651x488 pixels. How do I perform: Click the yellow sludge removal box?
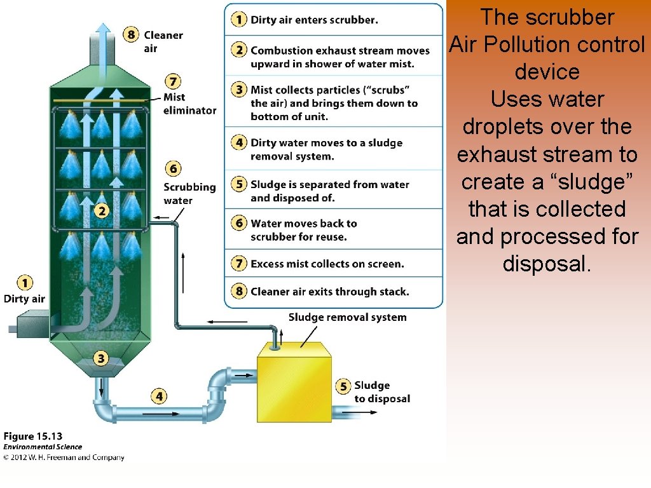click(x=294, y=381)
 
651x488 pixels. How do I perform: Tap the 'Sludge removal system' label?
click(x=347, y=317)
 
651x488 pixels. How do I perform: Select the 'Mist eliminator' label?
click(x=189, y=104)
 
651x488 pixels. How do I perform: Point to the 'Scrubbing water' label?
click(x=189, y=194)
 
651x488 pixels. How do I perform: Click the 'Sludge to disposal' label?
click(x=381, y=392)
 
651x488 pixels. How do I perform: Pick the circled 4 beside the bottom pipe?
click(x=158, y=396)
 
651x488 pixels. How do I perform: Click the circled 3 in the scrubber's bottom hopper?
click(x=100, y=358)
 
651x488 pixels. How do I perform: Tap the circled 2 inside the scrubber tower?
click(x=101, y=210)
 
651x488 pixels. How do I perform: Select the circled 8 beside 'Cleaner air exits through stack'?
click(x=239, y=292)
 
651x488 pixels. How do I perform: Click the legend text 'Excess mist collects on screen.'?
click(x=327, y=264)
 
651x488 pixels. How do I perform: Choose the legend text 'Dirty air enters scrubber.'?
click(x=314, y=20)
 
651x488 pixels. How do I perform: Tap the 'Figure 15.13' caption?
click(x=33, y=437)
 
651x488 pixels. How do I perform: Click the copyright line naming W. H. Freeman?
click(x=64, y=457)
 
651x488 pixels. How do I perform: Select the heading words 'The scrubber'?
click(x=547, y=17)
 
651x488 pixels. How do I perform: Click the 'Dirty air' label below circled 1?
click(x=24, y=299)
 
